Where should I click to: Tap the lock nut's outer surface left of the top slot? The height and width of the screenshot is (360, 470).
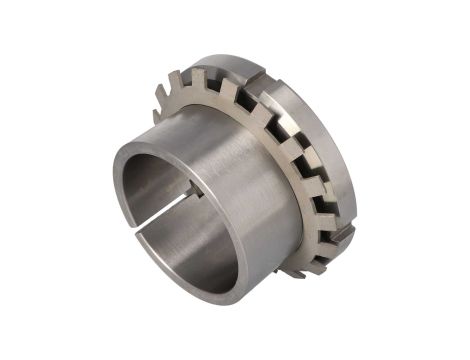point(215,62)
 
